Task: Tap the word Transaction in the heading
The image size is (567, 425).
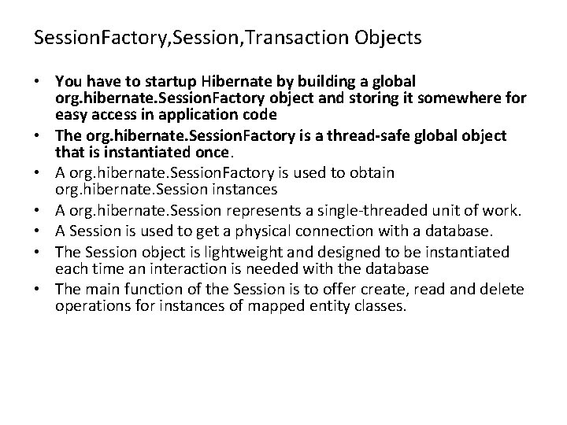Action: [299, 37]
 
